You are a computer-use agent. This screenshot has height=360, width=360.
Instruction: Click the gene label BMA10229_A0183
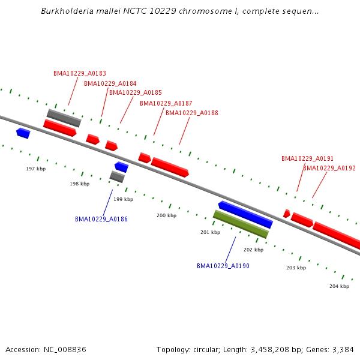pyautogui.click(x=80, y=74)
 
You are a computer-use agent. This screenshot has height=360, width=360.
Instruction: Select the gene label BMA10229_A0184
pyautogui.click(x=110, y=83)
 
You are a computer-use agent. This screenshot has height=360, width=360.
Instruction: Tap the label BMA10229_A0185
pyautogui.click(x=136, y=92)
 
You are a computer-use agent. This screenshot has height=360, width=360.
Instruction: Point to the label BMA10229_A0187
pyautogui.click(x=166, y=103)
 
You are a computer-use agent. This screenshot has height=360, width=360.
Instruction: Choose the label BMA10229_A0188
pyautogui.click(x=192, y=113)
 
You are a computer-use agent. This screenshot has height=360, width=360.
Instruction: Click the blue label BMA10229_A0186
pyautogui.click(x=101, y=219)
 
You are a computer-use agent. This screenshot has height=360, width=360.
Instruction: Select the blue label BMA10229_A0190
pyautogui.click(x=223, y=266)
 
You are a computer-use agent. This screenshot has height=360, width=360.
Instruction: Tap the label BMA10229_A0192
pyautogui.click(x=329, y=168)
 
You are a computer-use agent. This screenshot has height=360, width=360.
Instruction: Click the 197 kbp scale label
pyautogui.click(x=35, y=169)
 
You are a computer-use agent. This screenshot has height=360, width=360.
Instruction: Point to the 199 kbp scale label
pyautogui.click(x=123, y=199)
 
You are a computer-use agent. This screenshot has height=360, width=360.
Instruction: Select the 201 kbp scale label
pyautogui.click(x=210, y=232)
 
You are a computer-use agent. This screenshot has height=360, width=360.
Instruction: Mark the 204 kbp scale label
pyautogui.click(x=339, y=286)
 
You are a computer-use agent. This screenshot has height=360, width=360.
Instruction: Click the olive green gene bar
pyautogui.click(x=241, y=224)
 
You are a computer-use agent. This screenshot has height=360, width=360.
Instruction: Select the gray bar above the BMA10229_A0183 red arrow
pyautogui.click(x=64, y=118)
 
